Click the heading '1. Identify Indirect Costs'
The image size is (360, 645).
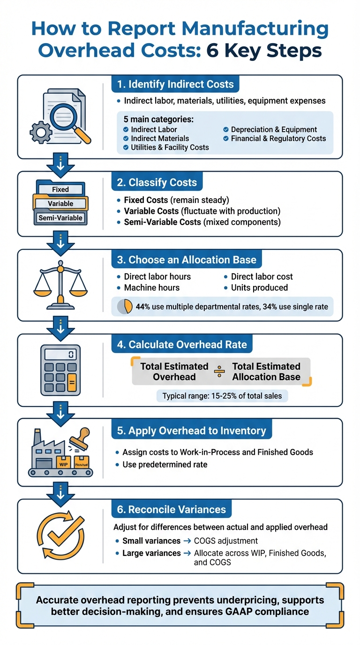point(175,84)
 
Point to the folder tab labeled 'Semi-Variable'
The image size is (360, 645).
point(60,217)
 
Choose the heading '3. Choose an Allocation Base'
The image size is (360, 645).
point(187,260)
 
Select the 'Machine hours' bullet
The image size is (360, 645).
point(151,287)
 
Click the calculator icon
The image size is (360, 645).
point(61,370)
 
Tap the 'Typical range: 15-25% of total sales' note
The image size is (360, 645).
point(222,396)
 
